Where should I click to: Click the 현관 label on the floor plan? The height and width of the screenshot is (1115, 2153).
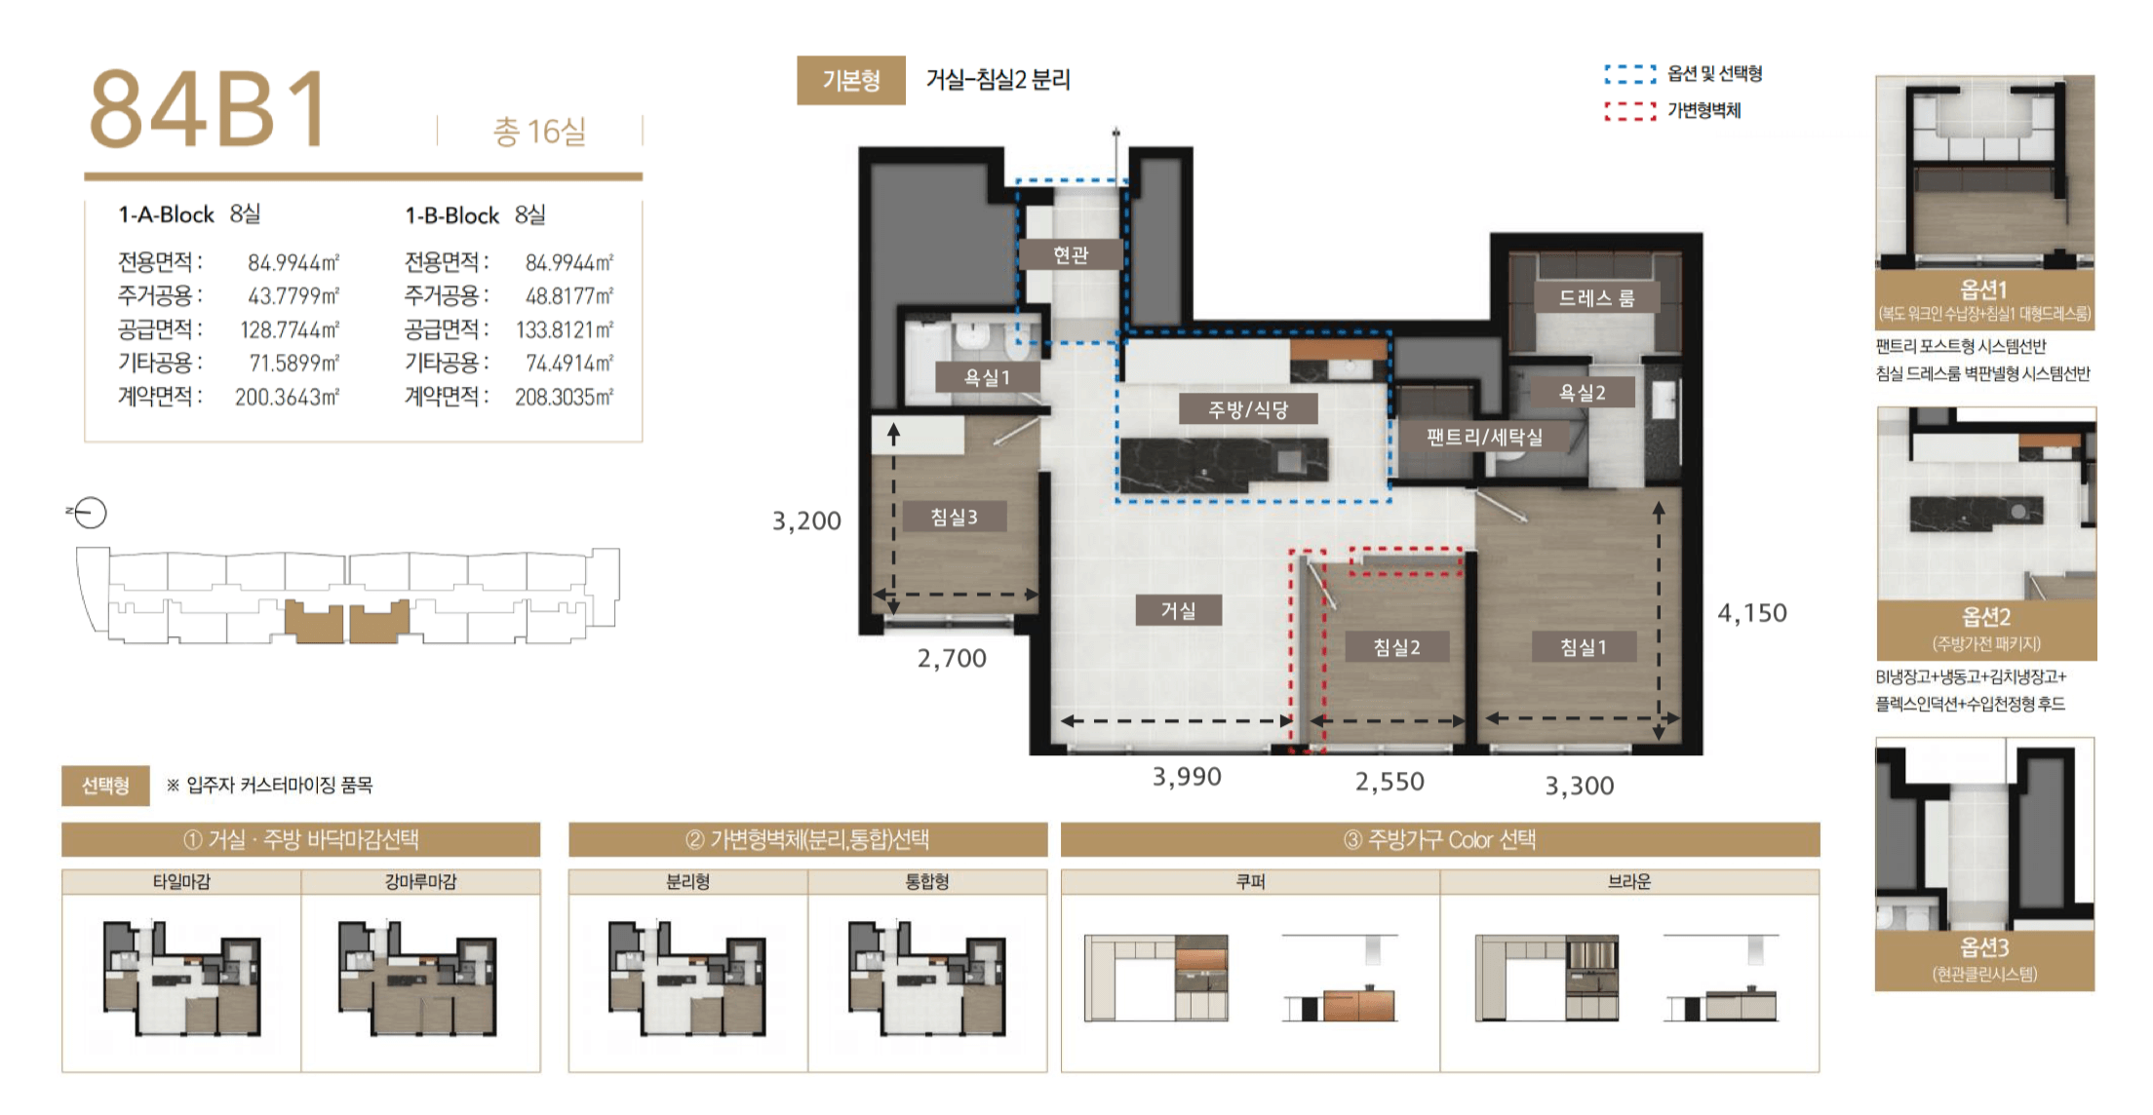pos(1071,254)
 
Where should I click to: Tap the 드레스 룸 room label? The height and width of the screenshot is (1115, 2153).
pos(1596,297)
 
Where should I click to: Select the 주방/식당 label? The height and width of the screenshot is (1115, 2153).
pos(1248,409)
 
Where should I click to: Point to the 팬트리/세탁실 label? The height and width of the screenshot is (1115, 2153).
pos(1484,437)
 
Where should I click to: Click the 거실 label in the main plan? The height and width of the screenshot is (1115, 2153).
pos(1178,610)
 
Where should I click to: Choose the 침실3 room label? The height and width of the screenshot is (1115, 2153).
pos(954,517)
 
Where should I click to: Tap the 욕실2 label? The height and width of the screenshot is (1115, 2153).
pos(1582,392)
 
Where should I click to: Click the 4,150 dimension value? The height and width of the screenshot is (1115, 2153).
pos(1752,613)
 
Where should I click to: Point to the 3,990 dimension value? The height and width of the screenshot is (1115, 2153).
pos(1187,777)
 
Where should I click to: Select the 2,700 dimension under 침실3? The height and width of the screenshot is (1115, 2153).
pos(952,659)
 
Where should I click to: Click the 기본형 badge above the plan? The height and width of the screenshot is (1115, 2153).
pos(850,80)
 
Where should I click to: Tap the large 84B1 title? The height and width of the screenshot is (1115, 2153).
pos(209,109)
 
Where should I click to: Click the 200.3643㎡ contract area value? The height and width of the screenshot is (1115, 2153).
pos(287,397)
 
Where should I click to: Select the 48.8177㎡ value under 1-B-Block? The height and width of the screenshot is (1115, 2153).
pos(569,295)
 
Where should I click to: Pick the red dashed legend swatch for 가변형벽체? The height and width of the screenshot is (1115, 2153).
pos(1629,111)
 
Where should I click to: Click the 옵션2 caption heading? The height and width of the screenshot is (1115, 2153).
pos(1985,616)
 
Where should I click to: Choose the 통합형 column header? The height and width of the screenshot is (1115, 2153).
pos(926,881)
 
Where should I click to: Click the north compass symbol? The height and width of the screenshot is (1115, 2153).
pos(89,513)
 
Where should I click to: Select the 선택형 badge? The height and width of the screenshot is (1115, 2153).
pos(105,786)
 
